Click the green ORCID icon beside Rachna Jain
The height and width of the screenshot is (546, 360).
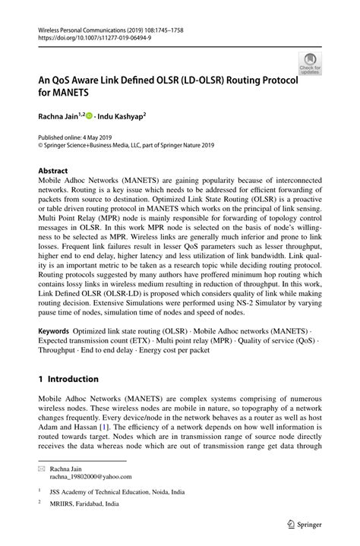point(89,116)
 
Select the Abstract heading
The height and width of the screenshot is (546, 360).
point(52,171)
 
